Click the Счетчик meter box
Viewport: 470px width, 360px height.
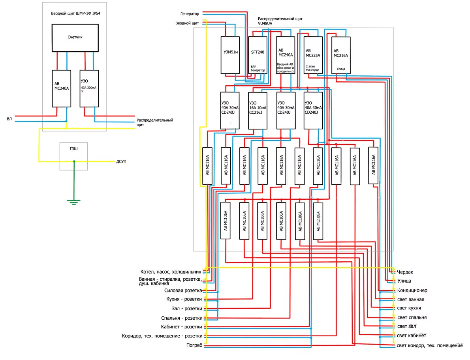click(x=75, y=38)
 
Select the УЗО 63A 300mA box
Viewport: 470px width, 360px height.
click(x=89, y=89)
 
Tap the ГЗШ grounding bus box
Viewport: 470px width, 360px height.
click(x=74, y=156)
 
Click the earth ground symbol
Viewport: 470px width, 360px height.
click(x=74, y=202)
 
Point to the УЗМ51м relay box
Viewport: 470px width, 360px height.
click(x=230, y=55)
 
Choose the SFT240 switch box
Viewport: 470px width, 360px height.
click(x=258, y=55)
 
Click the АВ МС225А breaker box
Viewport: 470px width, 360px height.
click(x=313, y=55)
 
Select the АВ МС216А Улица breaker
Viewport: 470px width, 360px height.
click(x=341, y=55)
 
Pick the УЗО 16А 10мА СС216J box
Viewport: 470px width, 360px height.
click(x=258, y=111)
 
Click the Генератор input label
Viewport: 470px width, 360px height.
click(x=190, y=14)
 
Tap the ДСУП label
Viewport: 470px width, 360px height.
click(x=121, y=161)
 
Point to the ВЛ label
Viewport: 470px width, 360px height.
click(x=9, y=119)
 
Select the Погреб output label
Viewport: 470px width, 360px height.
click(x=194, y=345)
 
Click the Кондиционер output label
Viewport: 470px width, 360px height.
click(x=412, y=290)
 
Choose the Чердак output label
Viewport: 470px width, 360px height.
click(x=405, y=272)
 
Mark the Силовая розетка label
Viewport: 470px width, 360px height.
click(x=183, y=291)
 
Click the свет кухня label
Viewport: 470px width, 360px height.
click(x=409, y=308)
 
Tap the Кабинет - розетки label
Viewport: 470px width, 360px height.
click(x=181, y=327)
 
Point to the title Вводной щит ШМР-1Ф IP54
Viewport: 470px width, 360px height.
click(x=75, y=13)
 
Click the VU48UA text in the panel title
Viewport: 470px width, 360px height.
click(x=265, y=23)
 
